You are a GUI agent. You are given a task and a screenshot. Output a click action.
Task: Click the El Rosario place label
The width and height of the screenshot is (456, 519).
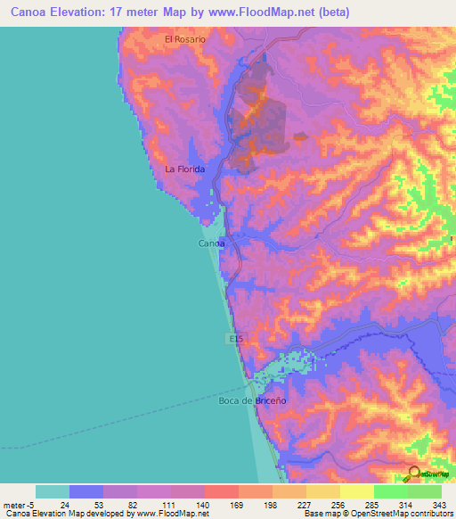[184, 39]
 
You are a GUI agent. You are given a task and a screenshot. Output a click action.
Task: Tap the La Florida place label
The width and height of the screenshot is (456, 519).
[185, 169]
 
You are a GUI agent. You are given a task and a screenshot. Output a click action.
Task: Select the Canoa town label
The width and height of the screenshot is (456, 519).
[210, 243]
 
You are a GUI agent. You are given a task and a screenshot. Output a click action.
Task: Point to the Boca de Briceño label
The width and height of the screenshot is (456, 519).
[252, 401]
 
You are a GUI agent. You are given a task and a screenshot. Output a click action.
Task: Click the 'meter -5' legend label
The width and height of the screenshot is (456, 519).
[19, 504]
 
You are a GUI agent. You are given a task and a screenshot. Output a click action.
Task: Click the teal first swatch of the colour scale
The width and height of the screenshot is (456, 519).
[53, 491]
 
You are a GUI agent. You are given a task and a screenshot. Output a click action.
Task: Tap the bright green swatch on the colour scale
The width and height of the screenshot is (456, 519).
[391, 491]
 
